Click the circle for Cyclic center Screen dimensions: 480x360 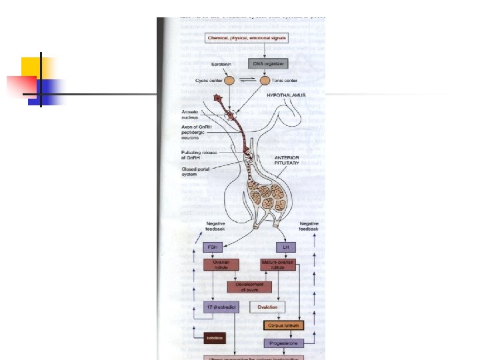click(x=229, y=81)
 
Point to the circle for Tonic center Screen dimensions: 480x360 click(x=265, y=81)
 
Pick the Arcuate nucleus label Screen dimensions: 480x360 click(x=194, y=115)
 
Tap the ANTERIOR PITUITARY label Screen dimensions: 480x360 click(x=292, y=161)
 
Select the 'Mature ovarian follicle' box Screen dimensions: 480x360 click(x=277, y=265)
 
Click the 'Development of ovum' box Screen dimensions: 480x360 click(x=249, y=287)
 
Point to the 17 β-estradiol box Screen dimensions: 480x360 click(x=221, y=307)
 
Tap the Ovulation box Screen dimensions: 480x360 click(x=267, y=307)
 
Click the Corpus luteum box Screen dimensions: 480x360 click(x=283, y=325)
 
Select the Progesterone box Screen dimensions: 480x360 click(x=283, y=343)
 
